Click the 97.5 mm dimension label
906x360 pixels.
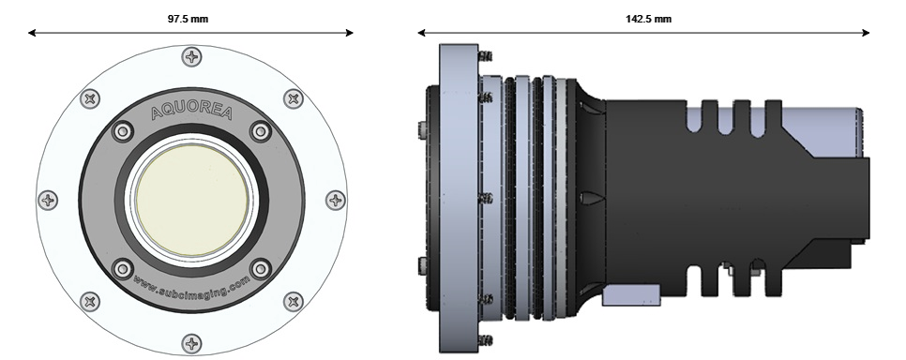click(188, 19)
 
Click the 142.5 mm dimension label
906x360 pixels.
click(648, 19)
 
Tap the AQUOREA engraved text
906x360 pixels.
click(191, 112)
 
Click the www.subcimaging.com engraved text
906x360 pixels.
click(191, 285)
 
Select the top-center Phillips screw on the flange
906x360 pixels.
click(192, 56)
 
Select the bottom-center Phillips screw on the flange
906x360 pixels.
click(192, 344)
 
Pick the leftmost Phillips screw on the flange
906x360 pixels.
click(48, 201)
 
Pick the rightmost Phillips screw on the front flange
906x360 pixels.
click(335, 201)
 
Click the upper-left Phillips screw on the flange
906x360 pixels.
click(90, 98)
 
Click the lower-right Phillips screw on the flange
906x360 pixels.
click(294, 302)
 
